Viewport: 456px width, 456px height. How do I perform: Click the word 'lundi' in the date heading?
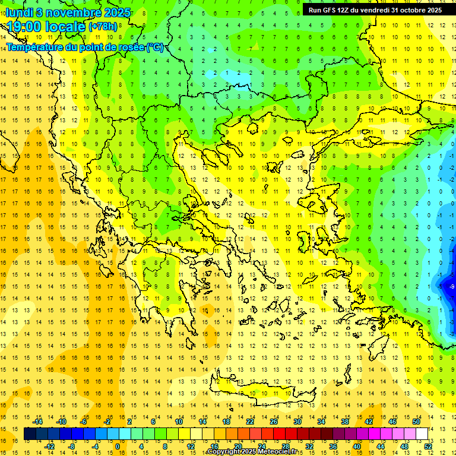pos(20,12)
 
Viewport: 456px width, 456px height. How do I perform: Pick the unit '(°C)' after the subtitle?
pos(155,47)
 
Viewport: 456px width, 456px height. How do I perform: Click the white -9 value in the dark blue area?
pos(451,287)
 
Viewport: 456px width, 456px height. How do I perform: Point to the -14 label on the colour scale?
pos(39,422)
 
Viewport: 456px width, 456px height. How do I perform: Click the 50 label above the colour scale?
pos(417,422)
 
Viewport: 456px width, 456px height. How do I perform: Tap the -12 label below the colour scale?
pos(50,446)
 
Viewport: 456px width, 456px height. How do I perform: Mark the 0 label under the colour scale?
pos(117,446)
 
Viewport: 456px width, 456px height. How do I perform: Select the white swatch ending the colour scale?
pos(422,434)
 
